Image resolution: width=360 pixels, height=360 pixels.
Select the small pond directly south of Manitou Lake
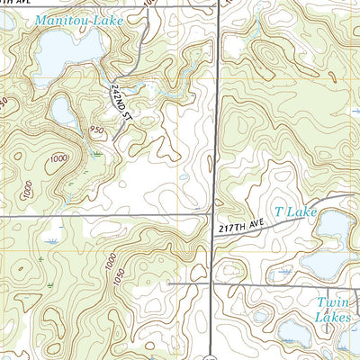tap(63, 110)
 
